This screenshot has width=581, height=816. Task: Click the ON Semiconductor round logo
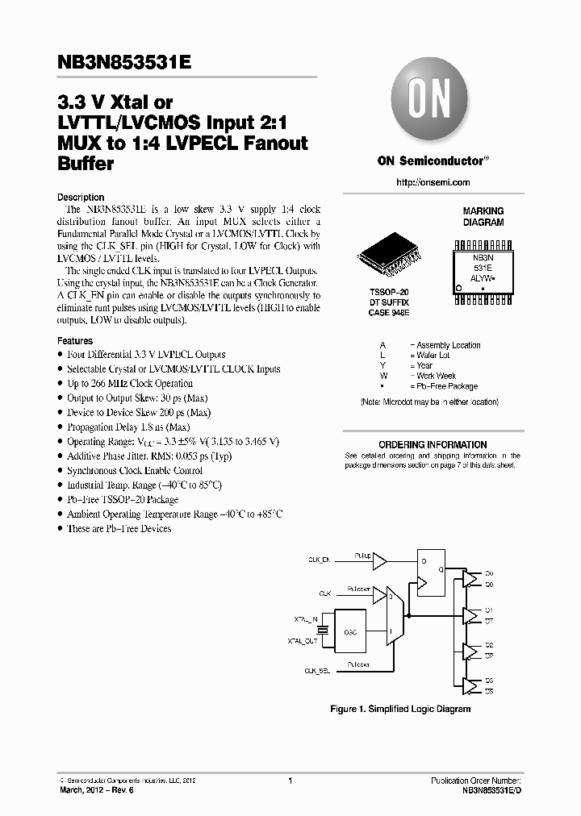coord(432,102)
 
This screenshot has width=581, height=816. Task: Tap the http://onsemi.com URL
coord(432,183)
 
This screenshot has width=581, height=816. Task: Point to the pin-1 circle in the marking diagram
coord(459,288)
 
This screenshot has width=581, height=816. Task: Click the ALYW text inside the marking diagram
coord(482,276)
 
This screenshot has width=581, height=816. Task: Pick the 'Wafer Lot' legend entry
coord(433,355)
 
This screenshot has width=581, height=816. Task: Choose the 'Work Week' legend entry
coord(436,376)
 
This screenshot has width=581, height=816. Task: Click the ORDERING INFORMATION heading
coord(433,444)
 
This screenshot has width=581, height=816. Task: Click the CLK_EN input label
coord(319,558)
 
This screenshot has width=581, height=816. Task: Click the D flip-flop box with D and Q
coord(429,573)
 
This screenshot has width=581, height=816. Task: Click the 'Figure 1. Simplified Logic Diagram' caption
coord(400,709)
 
